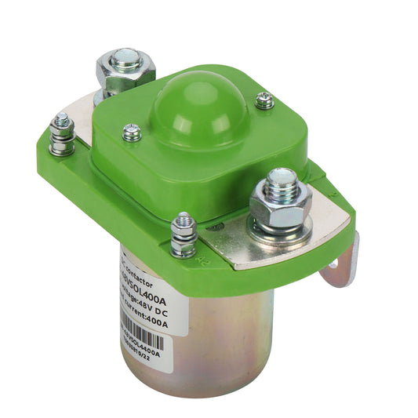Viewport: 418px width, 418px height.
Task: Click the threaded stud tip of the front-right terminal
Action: click(x=282, y=179)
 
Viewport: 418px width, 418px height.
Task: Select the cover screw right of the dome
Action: click(x=265, y=100)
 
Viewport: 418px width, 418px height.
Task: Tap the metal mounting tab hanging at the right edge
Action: click(x=343, y=263)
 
